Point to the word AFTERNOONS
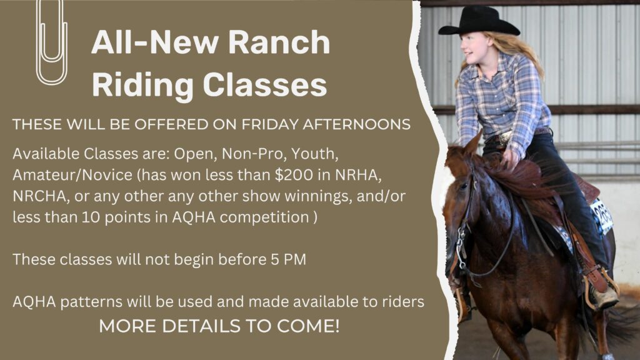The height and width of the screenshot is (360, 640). (356, 124)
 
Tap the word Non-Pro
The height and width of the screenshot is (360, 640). (252, 154)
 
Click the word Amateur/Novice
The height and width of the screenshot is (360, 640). (72, 175)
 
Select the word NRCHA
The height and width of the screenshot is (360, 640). (39, 196)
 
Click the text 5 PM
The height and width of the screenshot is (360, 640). (288, 259)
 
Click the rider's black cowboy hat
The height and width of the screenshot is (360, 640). (479, 21)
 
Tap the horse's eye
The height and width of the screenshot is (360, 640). (464, 186)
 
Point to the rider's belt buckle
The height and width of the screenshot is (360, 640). (505, 137)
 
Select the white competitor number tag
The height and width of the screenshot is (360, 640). (602, 216)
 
